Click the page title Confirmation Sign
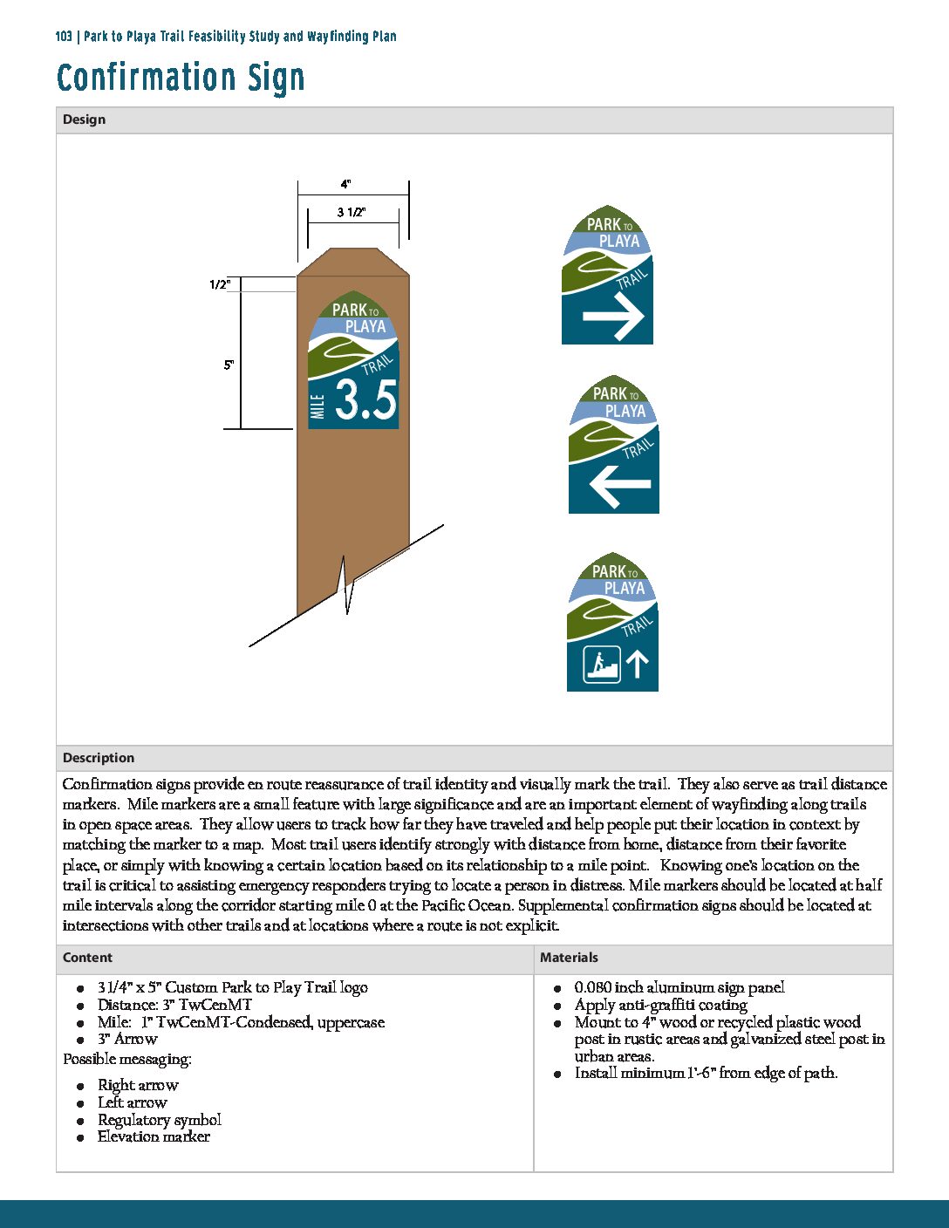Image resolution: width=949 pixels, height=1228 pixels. tap(181, 78)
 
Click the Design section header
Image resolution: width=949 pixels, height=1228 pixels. tap(85, 119)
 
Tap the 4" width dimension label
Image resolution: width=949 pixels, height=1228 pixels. tap(346, 184)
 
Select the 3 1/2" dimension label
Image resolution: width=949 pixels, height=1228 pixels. tap(352, 212)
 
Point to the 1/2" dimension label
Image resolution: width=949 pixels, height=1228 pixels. tap(219, 284)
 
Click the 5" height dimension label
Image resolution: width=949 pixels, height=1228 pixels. tap(229, 365)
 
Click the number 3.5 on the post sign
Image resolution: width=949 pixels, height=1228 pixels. tap(365, 400)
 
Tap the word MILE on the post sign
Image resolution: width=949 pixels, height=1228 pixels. tap(317, 406)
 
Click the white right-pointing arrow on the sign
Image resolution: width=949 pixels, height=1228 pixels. tap(613, 316)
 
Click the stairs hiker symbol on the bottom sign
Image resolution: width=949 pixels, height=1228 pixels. tap(602, 665)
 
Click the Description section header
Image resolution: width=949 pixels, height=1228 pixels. tap(99, 758)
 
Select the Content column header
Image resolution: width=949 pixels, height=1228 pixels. tap(87, 958)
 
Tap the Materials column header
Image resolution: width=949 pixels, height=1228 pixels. tap(569, 958)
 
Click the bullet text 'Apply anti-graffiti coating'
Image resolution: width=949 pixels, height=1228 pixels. tap(660, 1005)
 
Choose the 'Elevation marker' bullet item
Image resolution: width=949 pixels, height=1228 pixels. tap(154, 1136)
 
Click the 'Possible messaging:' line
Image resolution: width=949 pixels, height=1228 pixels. tap(127, 1059)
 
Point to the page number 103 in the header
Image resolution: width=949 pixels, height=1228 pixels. tap(63, 37)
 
